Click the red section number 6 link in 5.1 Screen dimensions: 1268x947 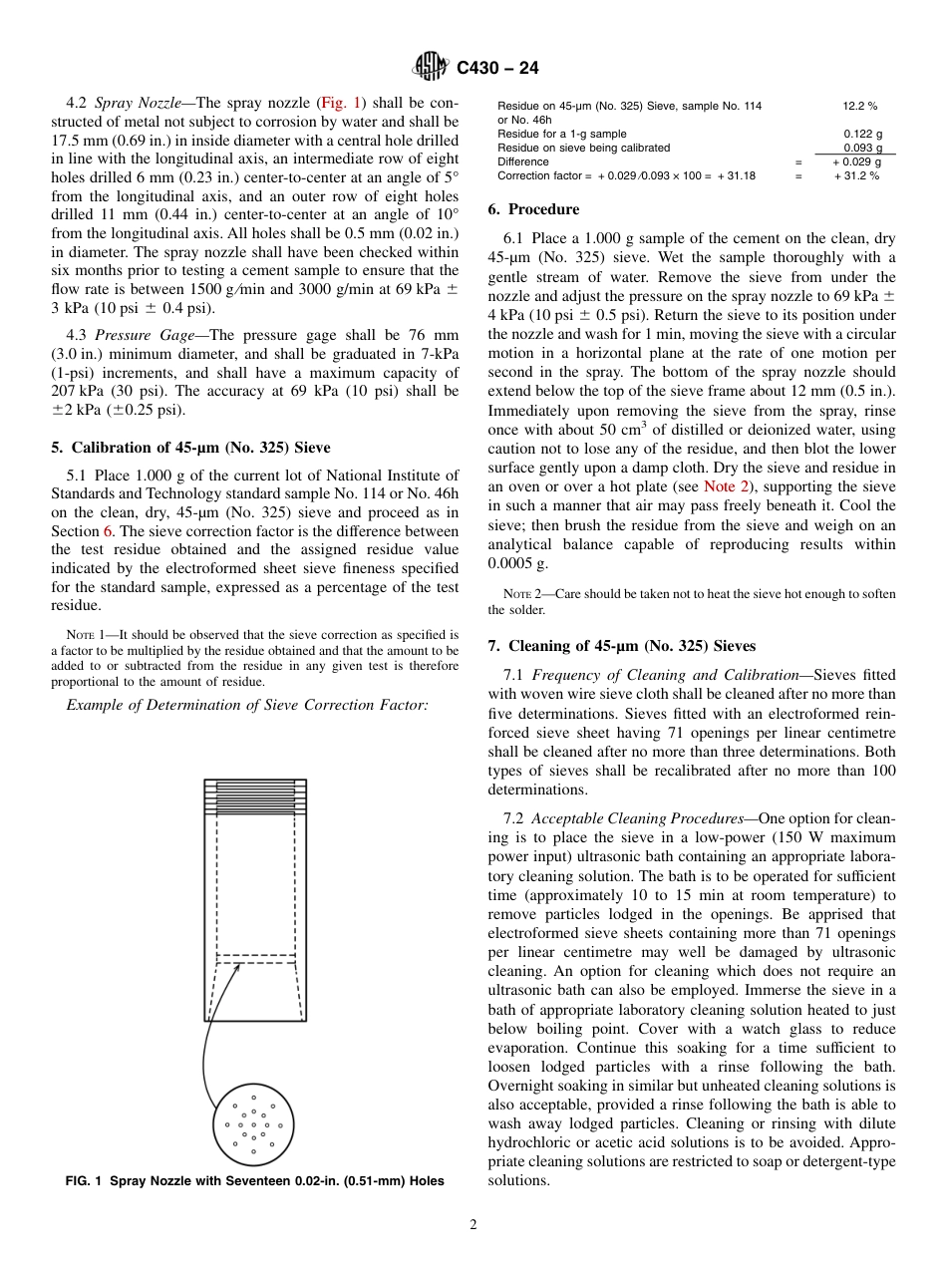click(x=108, y=531)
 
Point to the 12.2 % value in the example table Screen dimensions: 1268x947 click(x=859, y=106)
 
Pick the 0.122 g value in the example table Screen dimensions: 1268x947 click(x=862, y=134)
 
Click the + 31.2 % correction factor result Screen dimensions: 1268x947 click(x=856, y=175)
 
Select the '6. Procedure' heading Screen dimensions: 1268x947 click(x=533, y=209)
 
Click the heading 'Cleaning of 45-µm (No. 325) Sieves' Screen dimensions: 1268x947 click(x=622, y=646)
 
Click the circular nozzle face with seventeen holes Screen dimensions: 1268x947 click(x=253, y=1124)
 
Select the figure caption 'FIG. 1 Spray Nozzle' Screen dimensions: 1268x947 click(x=254, y=1181)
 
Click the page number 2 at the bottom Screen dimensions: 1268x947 click(x=473, y=1225)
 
